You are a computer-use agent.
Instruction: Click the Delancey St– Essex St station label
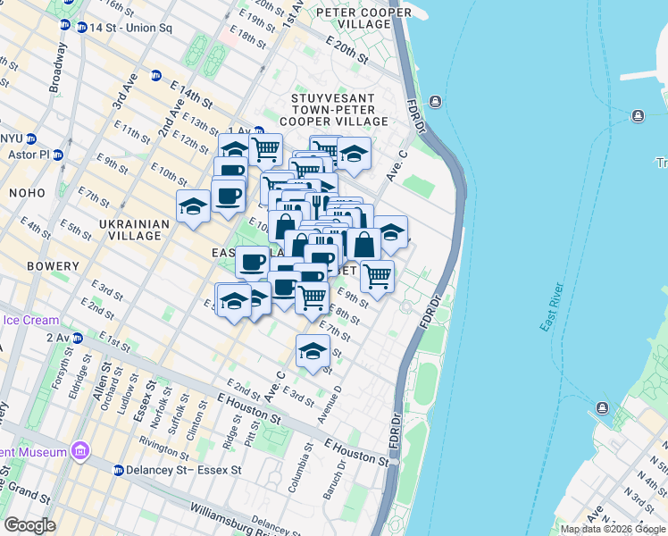click(x=184, y=469)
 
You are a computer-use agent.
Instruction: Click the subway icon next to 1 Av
click(x=258, y=131)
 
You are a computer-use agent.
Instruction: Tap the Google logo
click(x=30, y=525)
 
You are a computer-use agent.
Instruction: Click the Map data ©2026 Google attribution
click(x=613, y=529)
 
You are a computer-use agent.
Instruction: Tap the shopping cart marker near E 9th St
click(x=378, y=275)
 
